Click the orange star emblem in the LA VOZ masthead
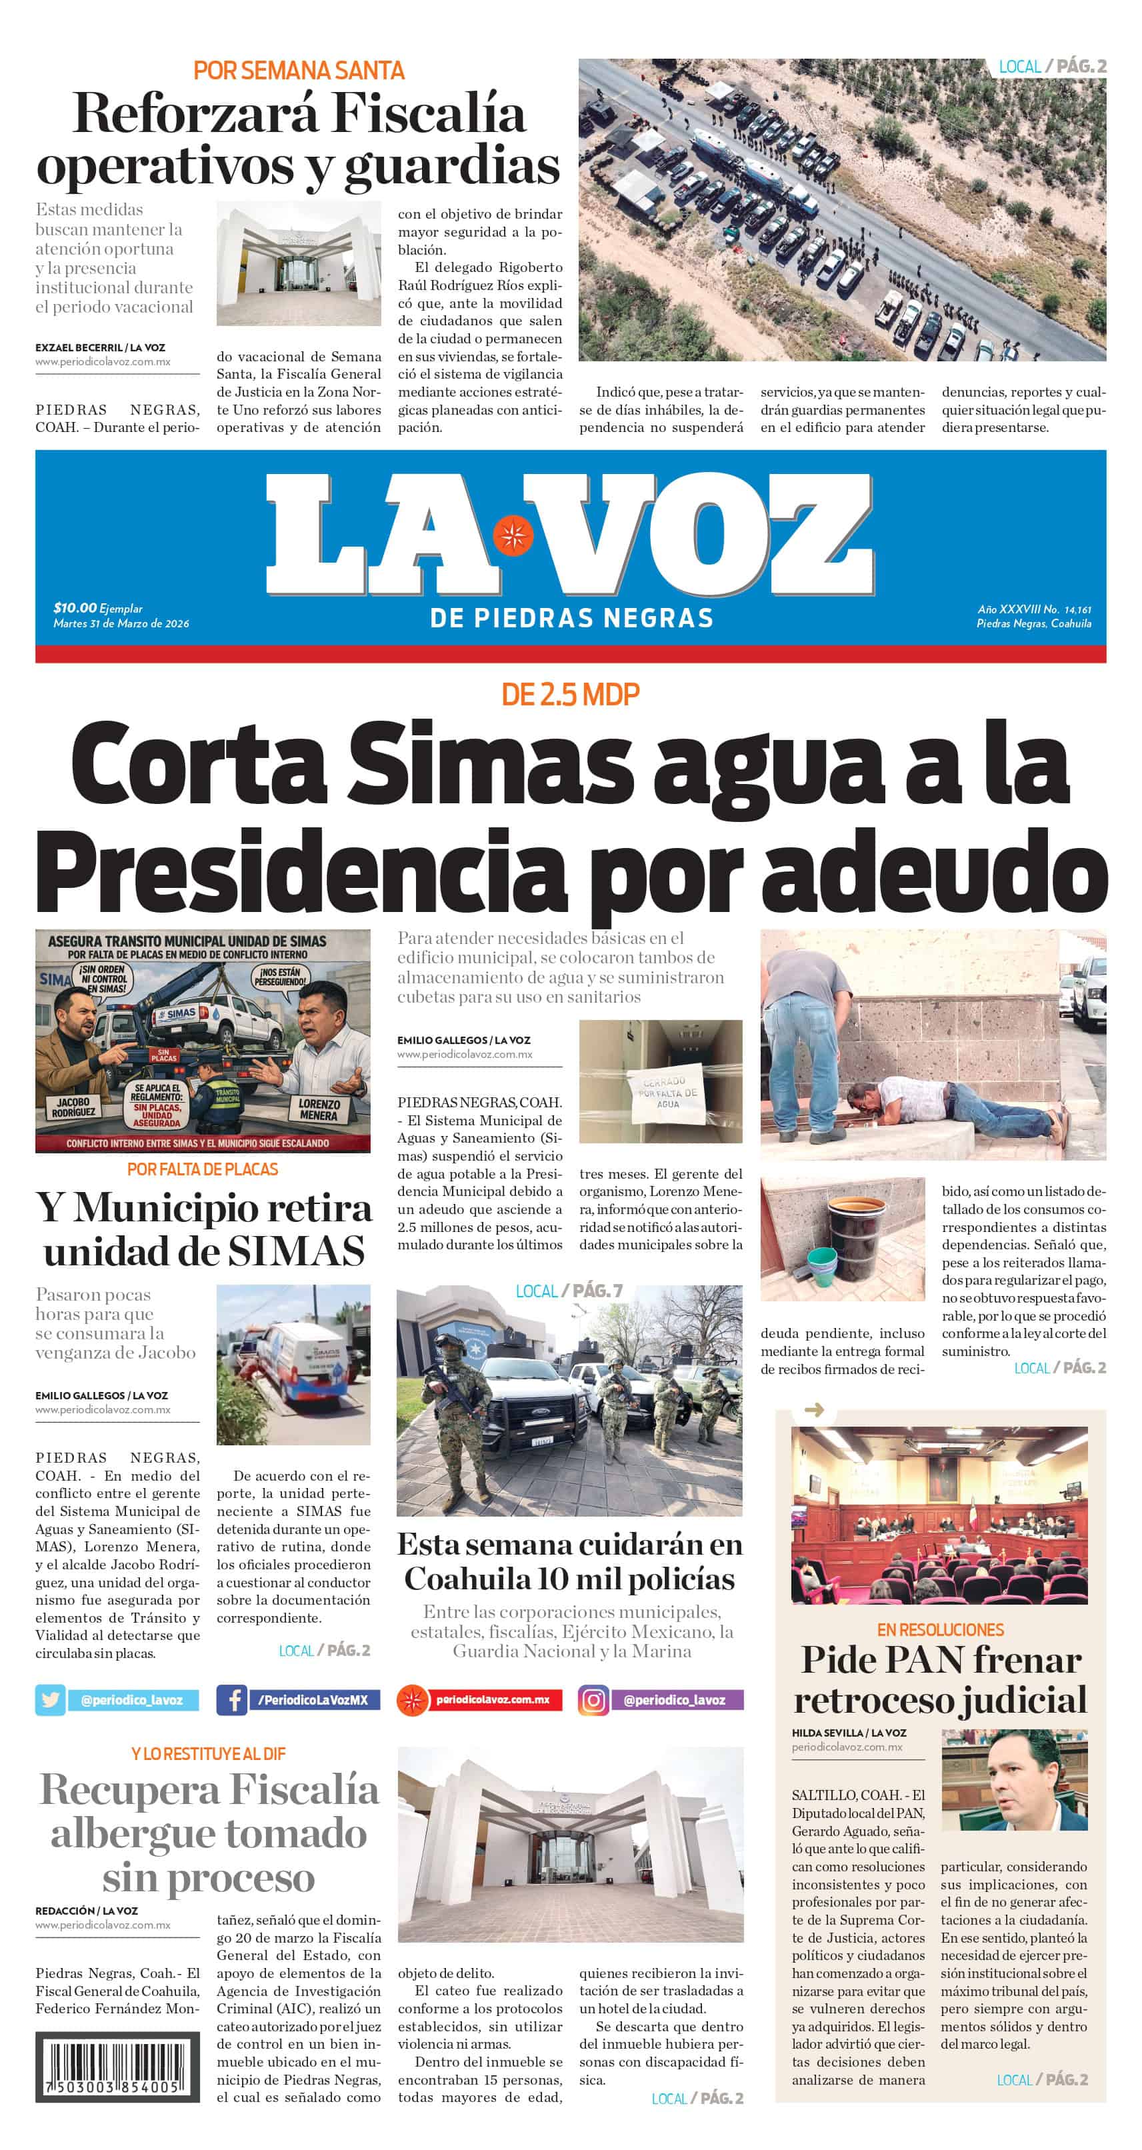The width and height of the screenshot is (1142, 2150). click(513, 537)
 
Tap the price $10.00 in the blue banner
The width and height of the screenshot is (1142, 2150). click(75, 607)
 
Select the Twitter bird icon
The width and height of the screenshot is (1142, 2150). click(50, 1700)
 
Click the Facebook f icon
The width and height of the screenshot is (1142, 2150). click(232, 1700)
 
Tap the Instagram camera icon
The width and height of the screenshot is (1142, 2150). click(593, 1700)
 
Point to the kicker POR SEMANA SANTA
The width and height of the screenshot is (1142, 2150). click(299, 70)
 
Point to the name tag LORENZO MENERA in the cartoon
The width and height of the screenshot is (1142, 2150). click(318, 1109)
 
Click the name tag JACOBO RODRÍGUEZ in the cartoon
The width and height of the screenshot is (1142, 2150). click(73, 1107)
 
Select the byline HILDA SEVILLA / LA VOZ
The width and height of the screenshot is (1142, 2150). click(848, 1733)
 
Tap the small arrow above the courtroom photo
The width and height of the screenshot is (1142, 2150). click(814, 1410)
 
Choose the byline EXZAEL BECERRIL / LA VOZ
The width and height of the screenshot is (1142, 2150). click(100, 347)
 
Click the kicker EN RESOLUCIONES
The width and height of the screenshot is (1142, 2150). click(940, 1629)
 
